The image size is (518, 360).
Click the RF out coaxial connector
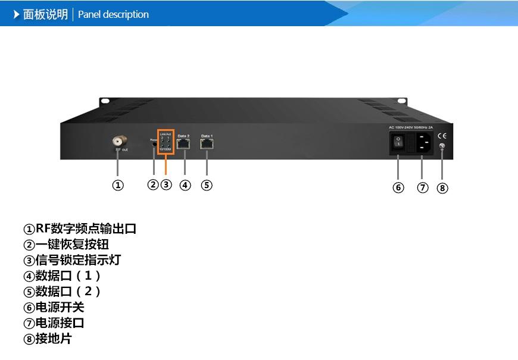(118, 142)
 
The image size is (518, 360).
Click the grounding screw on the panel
(442, 146)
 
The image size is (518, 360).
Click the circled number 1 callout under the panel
(118, 185)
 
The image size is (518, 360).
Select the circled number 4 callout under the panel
(185, 185)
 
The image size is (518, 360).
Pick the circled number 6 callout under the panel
(398, 187)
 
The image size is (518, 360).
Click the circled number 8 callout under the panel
(442, 188)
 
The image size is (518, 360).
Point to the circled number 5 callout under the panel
(207, 185)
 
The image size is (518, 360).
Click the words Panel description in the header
(113, 14)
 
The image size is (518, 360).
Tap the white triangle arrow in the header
(17, 14)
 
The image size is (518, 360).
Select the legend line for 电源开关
(54, 307)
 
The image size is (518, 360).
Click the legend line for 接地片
(47, 339)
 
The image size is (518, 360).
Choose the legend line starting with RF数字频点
(80, 228)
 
